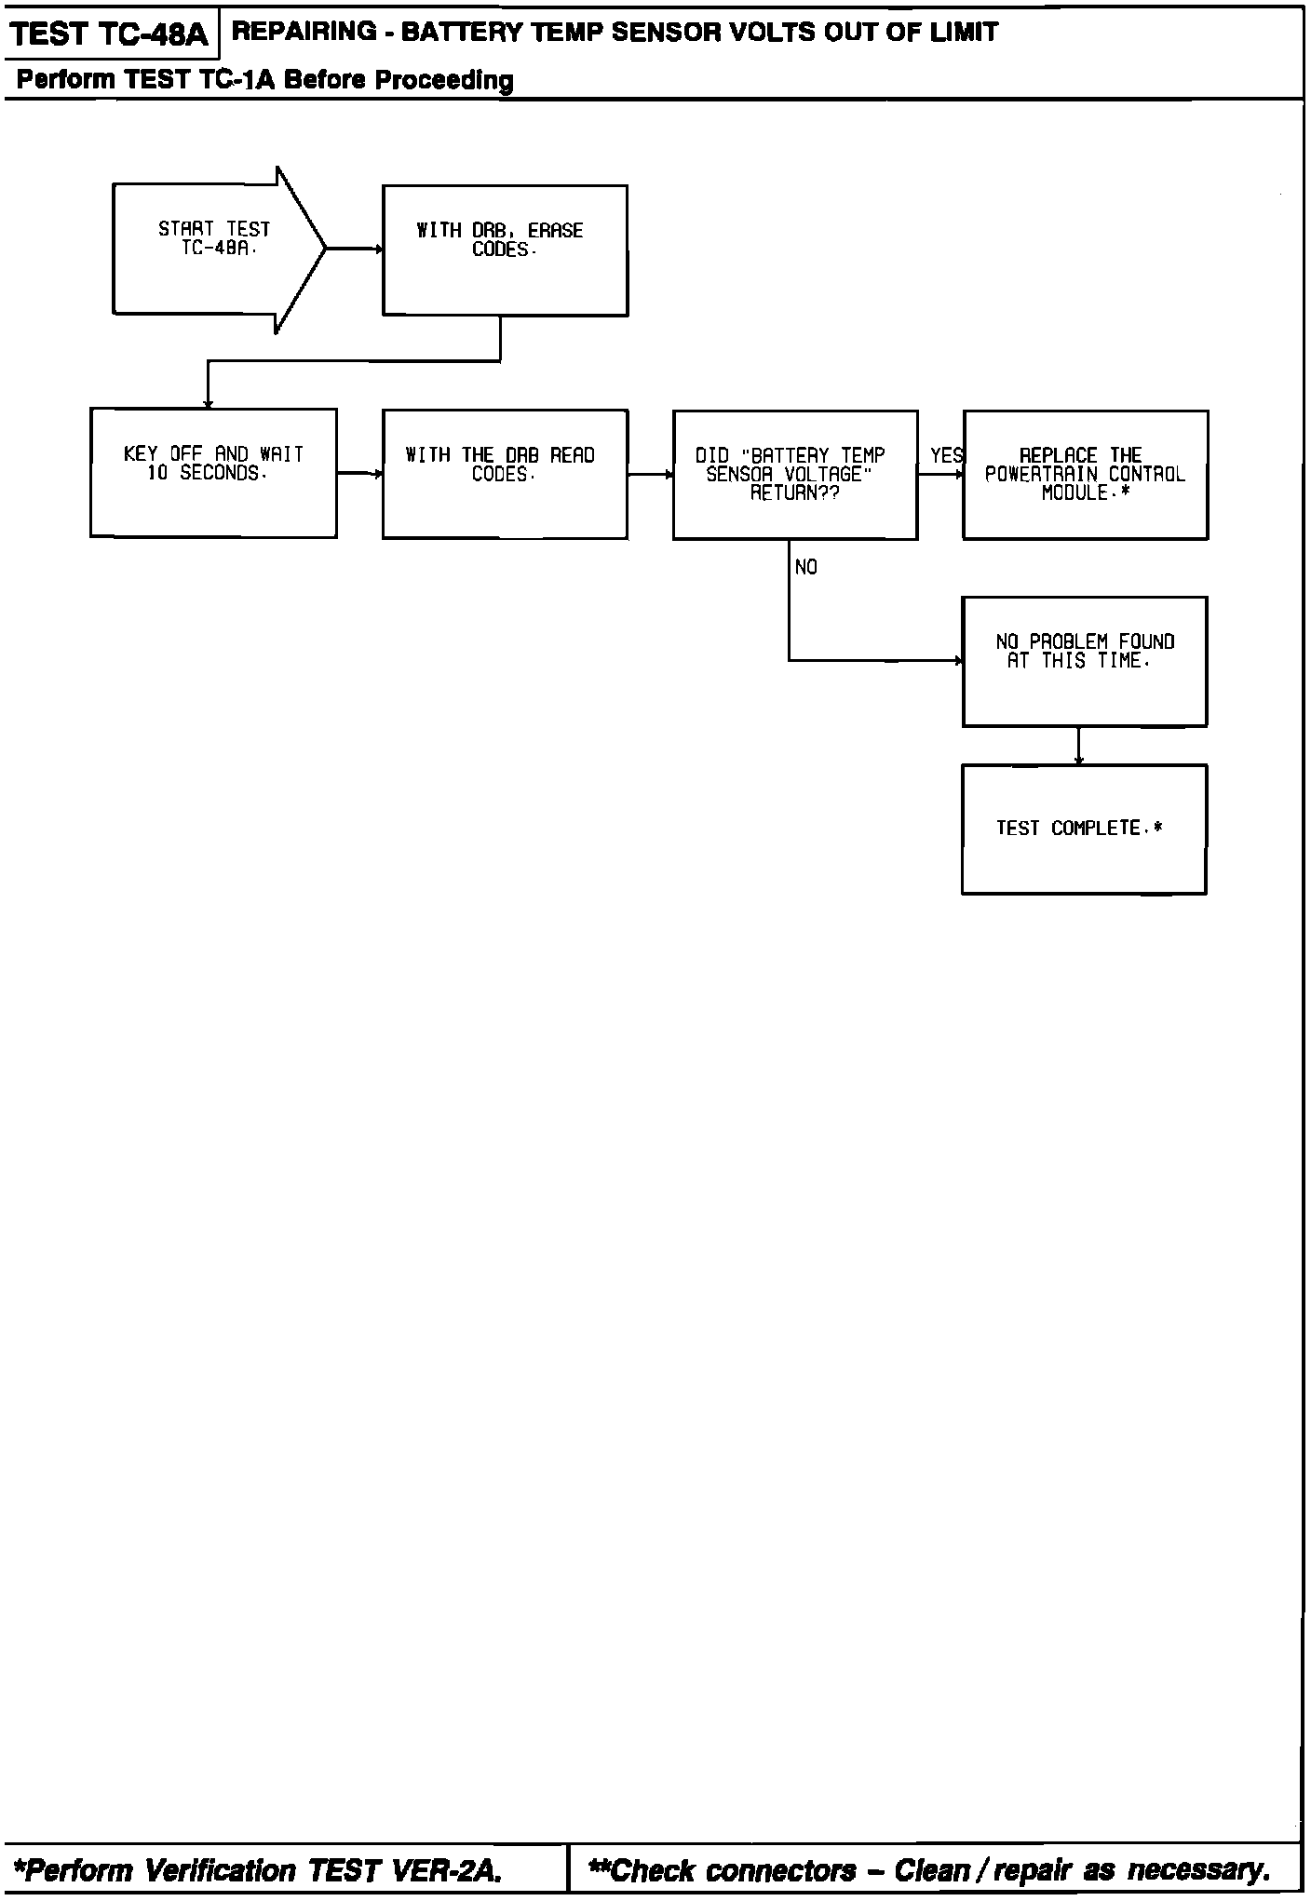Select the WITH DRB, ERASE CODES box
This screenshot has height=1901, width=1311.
coord(505,250)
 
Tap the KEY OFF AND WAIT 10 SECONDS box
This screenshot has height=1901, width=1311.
coord(213,473)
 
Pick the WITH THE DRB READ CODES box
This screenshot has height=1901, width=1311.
coord(505,474)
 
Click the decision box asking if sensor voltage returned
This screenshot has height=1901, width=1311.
coord(794,475)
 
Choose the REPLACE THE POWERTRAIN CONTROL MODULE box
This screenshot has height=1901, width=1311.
coord(1085,475)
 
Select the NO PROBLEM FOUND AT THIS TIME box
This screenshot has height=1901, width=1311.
coord(1085,661)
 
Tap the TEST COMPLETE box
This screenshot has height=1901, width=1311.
coord(1084,829)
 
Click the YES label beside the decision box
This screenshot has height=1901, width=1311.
coord(946,455)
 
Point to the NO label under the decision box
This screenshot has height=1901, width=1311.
coord(806,567)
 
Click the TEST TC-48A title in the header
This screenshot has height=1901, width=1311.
coord(110,34)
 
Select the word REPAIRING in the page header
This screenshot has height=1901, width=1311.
coord(291,33)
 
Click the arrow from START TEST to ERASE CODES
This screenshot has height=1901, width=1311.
coord(355,249)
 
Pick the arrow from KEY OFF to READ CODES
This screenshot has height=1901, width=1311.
coord(359,474)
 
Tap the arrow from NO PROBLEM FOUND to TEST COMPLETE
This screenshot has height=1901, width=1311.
coord(1078,746)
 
